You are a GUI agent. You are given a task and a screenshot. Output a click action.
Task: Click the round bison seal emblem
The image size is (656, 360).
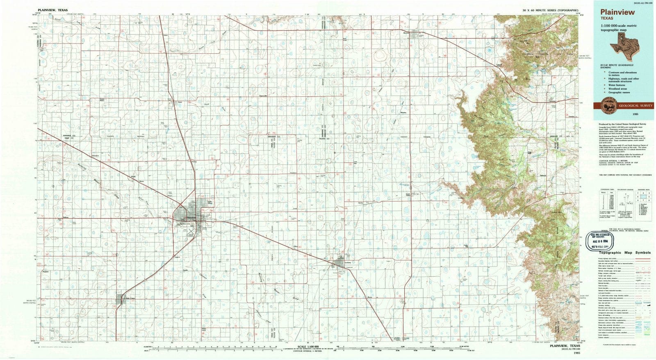607,106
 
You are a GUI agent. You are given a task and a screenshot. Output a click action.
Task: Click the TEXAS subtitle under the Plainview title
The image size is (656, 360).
607,18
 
